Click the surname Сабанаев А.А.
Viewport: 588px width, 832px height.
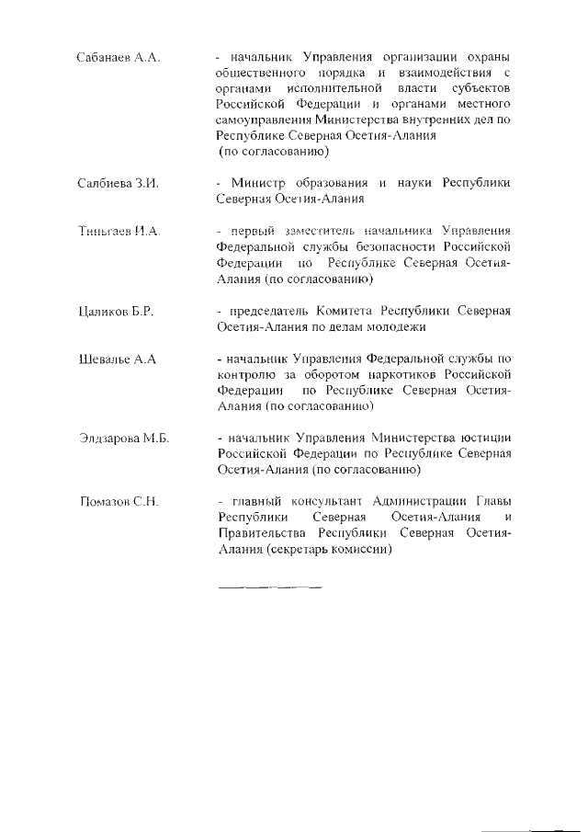119,58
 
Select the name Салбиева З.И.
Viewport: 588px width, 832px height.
119,184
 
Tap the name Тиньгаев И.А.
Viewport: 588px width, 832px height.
119,230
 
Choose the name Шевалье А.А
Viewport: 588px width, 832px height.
118,358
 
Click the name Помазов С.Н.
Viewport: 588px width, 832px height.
119,502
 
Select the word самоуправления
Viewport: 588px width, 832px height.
265,120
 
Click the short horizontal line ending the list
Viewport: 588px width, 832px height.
270,585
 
